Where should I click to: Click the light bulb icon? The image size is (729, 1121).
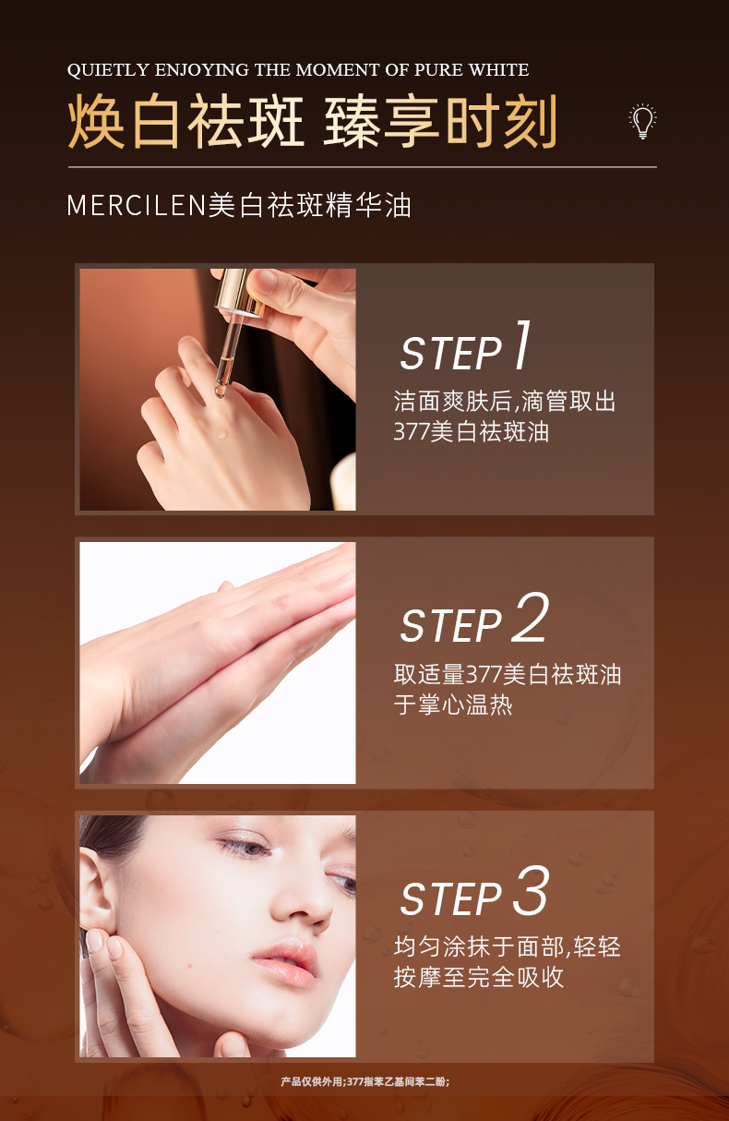pyautogui.click(x=642, y=122)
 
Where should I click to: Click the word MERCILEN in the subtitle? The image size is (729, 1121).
pyautogui.click(x=135, y=205)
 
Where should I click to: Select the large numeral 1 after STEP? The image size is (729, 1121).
pyautogui.click(x=522, y=346)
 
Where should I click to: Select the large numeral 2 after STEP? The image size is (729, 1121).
pyautogui.click(x=530, y=619)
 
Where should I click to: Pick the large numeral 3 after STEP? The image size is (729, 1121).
pyautogui.click(x=530, y=892)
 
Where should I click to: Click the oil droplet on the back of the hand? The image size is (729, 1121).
pyautogui.click(x=221, y=434)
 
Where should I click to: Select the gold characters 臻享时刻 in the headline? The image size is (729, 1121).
pyautogui.click(x=440, y=122)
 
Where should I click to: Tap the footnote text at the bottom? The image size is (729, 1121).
pyautogui.click(x=364, y=1080)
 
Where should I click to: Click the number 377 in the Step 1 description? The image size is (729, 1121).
pyautogui.click(x=412, y=431)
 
